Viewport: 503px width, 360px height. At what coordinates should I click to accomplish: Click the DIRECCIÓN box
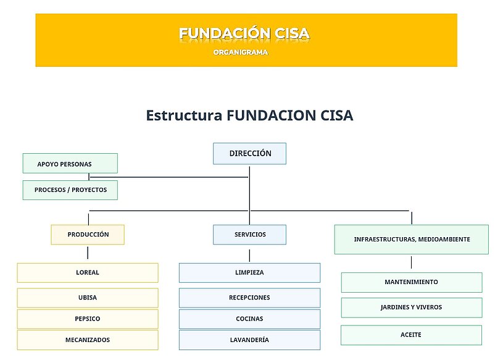pos(249,153)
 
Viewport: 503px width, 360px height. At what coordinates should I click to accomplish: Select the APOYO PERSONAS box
pos(70,163)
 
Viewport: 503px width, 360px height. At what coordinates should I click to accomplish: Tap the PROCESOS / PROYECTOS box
pos(70,190)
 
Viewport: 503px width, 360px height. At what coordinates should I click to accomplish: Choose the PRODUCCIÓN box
pos(88,235)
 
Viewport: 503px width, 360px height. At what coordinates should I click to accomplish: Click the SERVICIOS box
pos(249,235)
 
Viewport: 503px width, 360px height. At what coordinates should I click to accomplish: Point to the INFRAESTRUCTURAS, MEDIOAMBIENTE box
pos(412,240)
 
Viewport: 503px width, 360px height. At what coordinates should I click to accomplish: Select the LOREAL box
pos(88,273)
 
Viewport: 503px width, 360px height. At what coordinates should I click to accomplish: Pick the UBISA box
pos(88,298)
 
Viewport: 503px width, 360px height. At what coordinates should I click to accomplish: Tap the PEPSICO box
pos(88,319)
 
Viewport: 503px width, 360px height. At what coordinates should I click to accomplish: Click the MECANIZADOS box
pos(88,340)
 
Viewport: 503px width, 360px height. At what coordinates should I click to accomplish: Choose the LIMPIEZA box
pos(249,273)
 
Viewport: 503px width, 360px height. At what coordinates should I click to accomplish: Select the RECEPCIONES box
pos(249,298)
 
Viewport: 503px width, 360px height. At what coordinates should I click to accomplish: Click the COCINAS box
pos(249,319)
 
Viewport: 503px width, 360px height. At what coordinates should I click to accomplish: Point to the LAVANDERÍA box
pos(249,340)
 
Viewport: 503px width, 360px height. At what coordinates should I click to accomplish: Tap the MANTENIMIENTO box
pos(412,282)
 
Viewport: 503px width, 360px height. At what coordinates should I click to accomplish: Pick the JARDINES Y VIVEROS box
pos(412,308)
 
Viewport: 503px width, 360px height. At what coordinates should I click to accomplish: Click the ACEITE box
pos(411,335)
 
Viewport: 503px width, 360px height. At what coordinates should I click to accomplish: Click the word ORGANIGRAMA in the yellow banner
pos(241,52)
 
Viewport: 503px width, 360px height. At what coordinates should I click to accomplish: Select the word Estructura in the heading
pos(184,115)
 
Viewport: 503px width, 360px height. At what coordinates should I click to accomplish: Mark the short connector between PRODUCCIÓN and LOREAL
pos(88,253)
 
